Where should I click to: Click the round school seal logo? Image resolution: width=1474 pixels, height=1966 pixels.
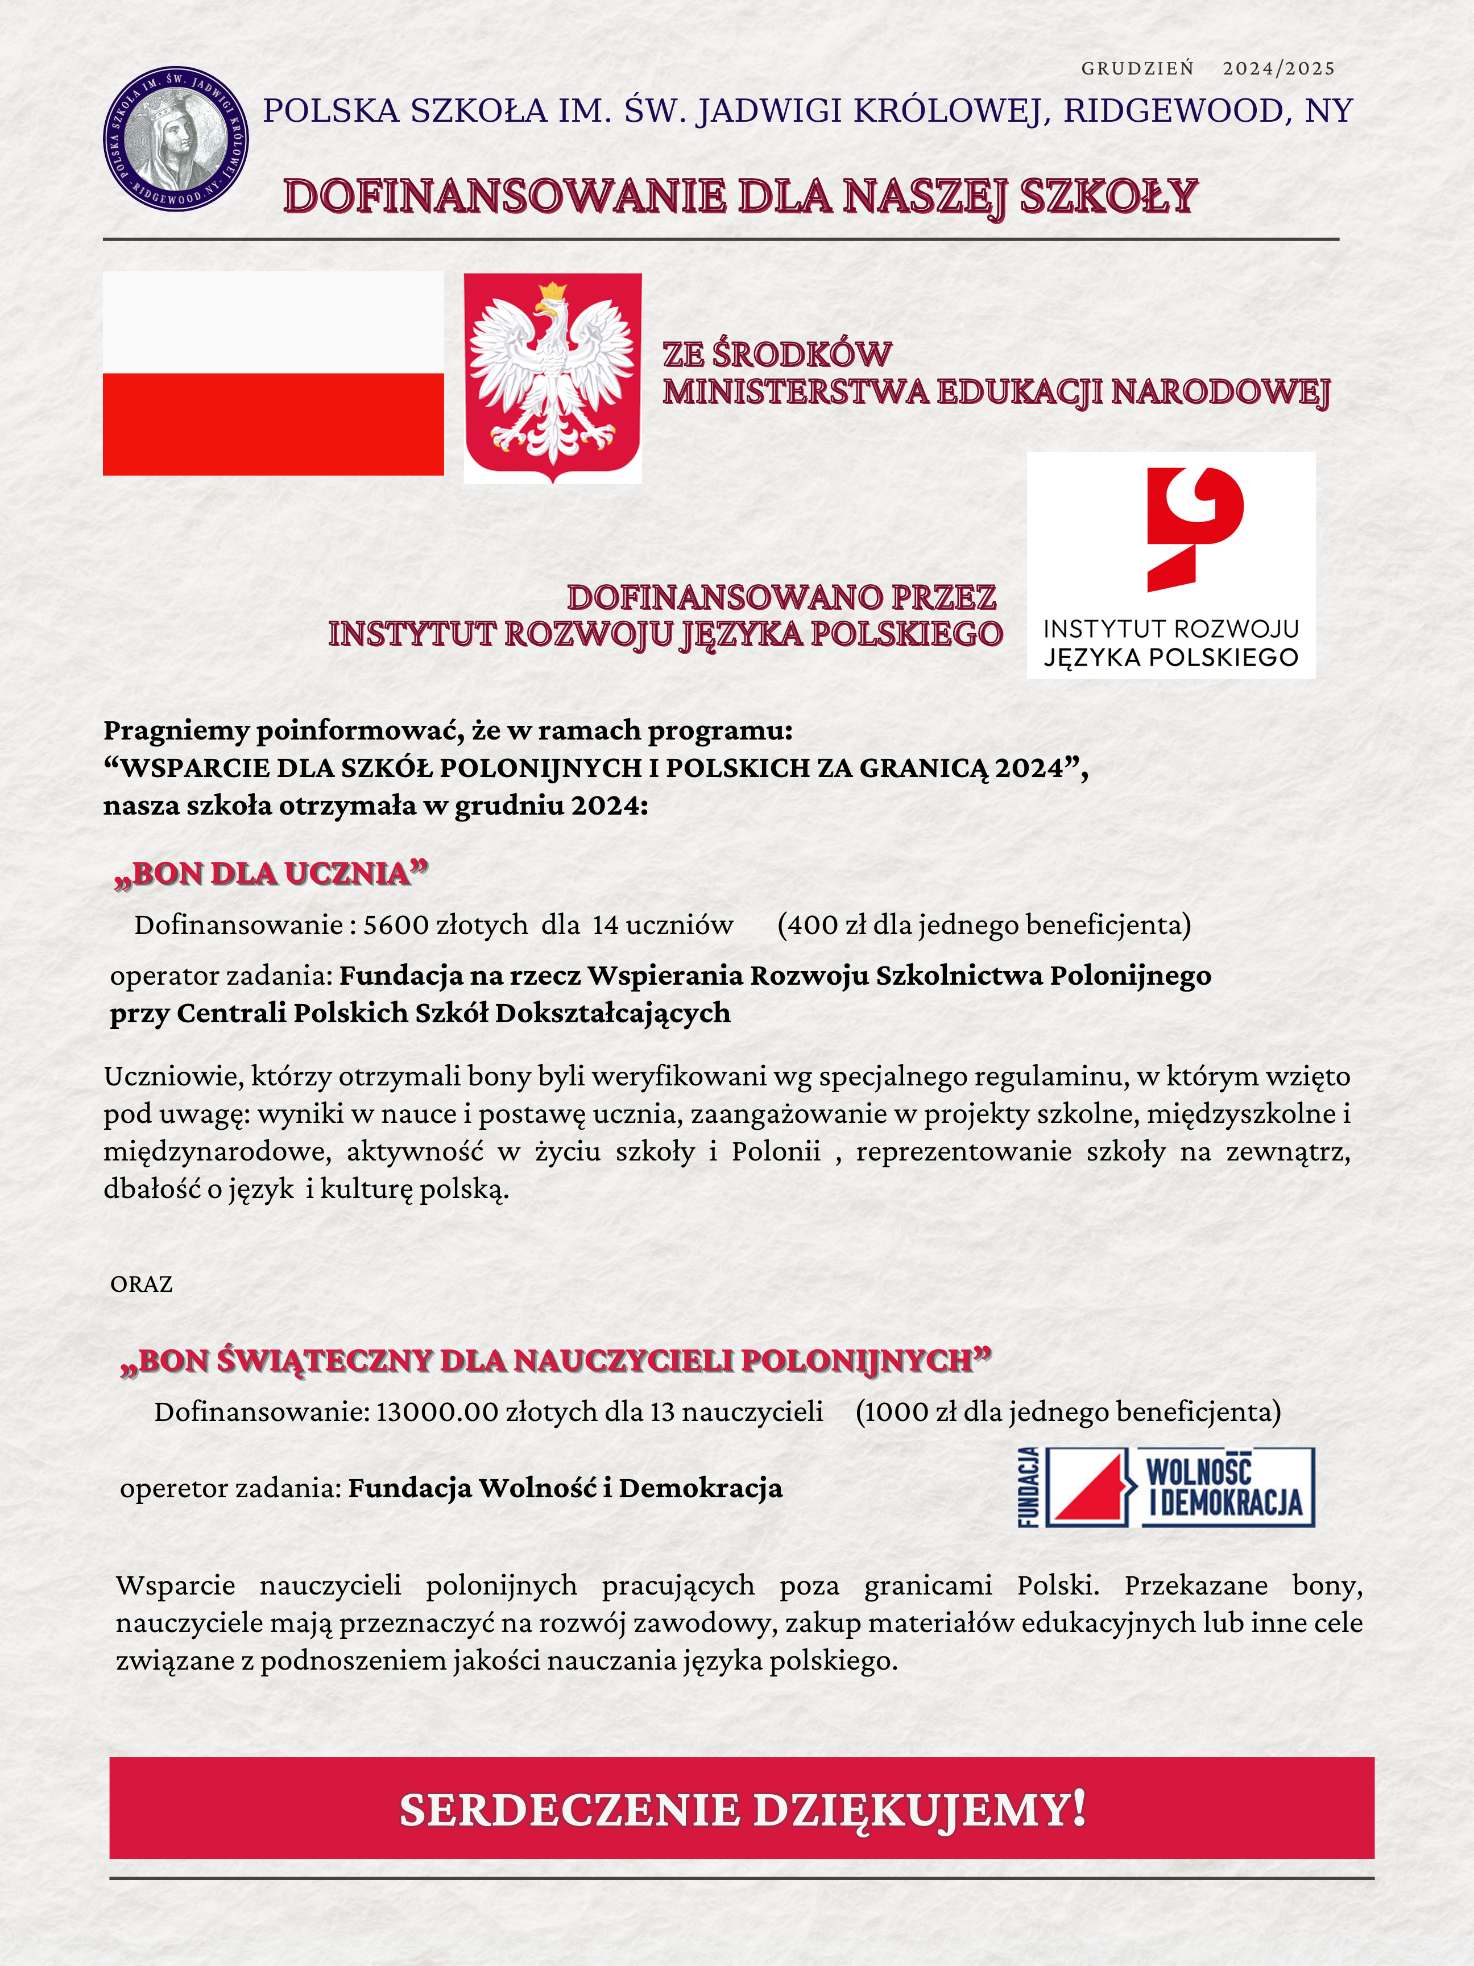(x=176, y=139)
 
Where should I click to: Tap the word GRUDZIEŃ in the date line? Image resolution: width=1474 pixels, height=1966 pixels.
(x=1137, y=68)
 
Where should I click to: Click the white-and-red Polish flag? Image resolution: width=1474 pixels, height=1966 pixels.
(x=273, y=373)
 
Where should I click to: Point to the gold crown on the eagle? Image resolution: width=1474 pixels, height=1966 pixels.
(x=553, y=291)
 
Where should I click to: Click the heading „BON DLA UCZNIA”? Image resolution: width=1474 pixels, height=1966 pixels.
(x=271, y=874)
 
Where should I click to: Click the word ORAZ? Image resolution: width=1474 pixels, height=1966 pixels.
(x=141, y=1284)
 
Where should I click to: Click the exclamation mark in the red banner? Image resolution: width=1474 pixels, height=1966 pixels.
(x=1078, y=1808)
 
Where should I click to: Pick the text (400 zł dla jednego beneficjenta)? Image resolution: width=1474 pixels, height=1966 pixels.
(x=984, y=925)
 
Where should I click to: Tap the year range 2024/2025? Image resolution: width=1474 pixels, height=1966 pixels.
(x=1278, y=68)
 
